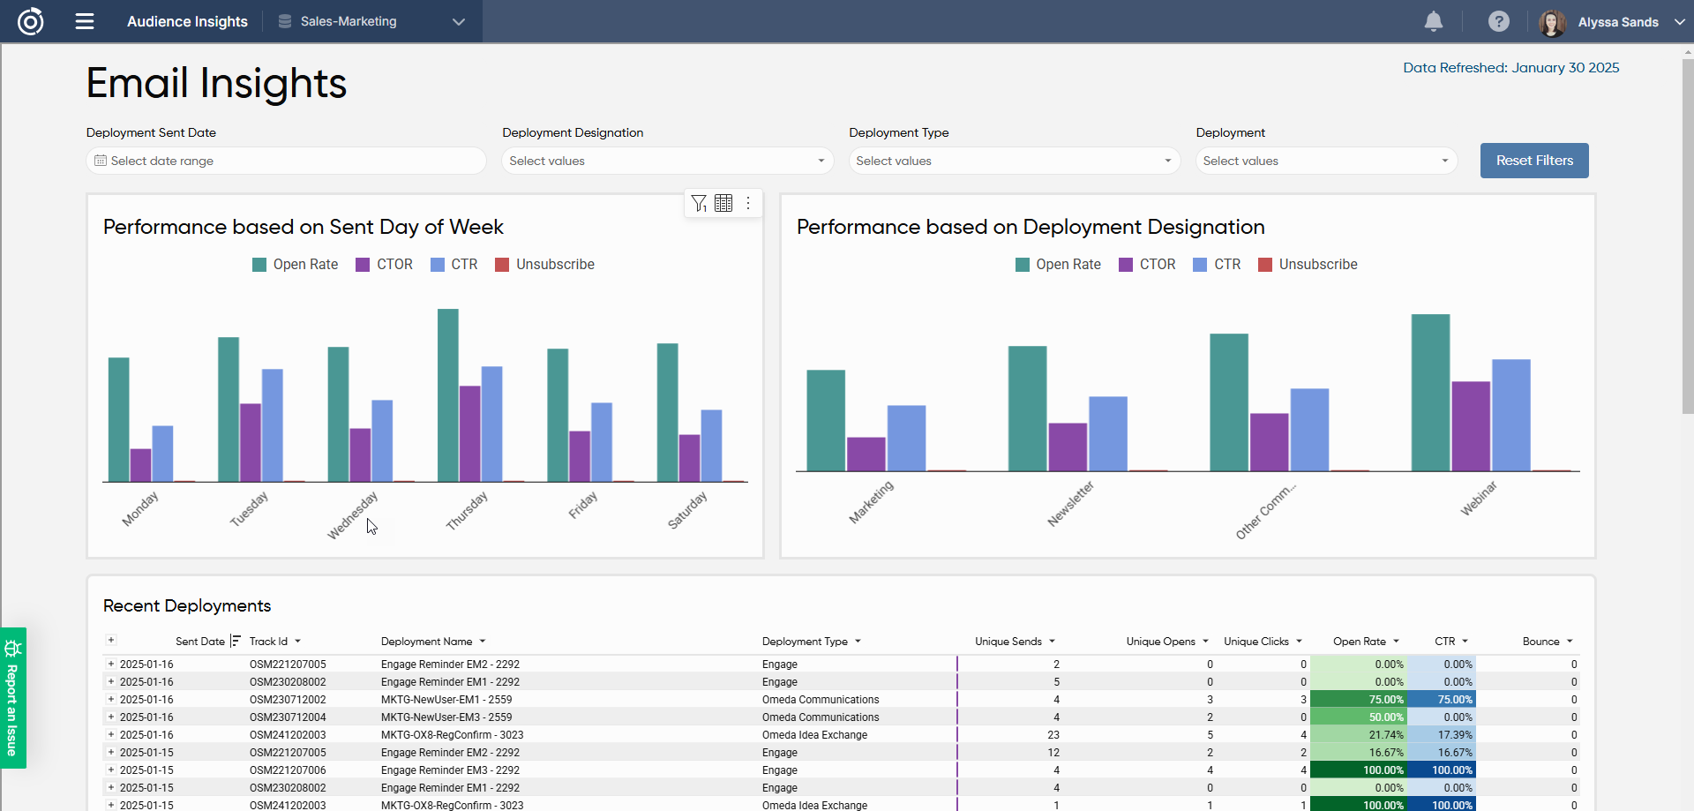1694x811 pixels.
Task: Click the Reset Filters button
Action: pyautogui.click(x=1533, y=161)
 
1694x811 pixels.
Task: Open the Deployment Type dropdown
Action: pyautogui.click(x=1014, y=161)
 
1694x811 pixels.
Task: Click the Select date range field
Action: pyautogui.click(x=286, y=161)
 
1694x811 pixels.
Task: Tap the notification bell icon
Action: pyautogui.click(x=1433, y=21)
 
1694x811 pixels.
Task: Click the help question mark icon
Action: pyautogui.click(x=1498, y=21)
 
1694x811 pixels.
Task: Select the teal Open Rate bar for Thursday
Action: pyautogui.click(x=448, y=394)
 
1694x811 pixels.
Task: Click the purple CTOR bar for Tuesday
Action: pyautogui.click(x=251, y=441)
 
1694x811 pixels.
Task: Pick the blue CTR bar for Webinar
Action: pyautogui.click(x=1510, y=415)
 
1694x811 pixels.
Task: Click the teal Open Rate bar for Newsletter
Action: pyautogui.click(x=1027, y=408)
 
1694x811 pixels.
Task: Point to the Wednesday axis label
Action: pyautogui.click(x=353, y=514)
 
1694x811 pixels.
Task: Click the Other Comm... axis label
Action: pyautogui.click(x=1265, y=511)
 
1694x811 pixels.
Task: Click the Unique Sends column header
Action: pyautogui.click(x=1008, y=642)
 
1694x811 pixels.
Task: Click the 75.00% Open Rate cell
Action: pyautogui.click(x=1359, y=700)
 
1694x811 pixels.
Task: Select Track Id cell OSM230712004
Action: pyautogui.click(x=288, y=717)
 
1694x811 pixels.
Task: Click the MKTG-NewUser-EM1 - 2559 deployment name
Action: pyautogui.click(x=446, y=700)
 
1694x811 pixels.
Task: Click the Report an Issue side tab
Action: pyautogui.click(x=12, y=697)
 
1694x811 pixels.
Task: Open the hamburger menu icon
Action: pyautogui.click(x=85, y=21)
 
